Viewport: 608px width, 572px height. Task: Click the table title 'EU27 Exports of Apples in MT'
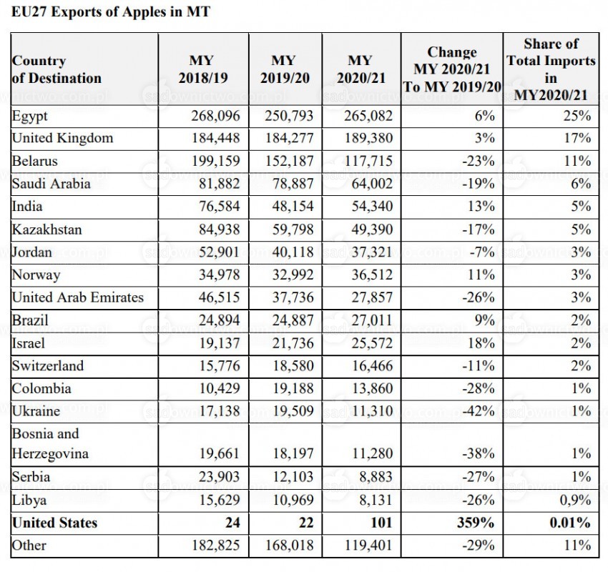pyautogui.click(x=110, y=11)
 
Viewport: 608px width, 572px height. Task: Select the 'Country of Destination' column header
pyautogui.click(x=57, y=69)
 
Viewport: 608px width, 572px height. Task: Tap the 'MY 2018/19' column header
pyautogui.click(x=203, y=69)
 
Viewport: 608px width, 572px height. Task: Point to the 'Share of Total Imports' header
pyautogui.click(x=551, y=69)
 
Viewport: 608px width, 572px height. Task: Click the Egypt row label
pyautogui.click(x=30, y=117)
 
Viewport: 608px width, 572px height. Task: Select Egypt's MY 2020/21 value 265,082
pyautogui.click(x=368, y=116)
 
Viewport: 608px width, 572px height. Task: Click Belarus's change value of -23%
pyautogui.click(x=479, y=161)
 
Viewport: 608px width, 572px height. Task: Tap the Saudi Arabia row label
pyautogui.click(x=52, y=184)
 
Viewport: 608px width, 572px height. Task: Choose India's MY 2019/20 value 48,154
pyautogui.click(x=293, y=206)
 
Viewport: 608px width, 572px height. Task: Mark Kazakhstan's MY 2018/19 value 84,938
pyautogui.click(x=220, y=230)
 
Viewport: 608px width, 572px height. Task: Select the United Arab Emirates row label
pyautogui.click(x=77, y=297)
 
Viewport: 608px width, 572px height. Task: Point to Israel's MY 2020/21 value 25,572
pyautogui.click(x=372, y=343)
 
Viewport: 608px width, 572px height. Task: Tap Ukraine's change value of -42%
pyautogui.click(x=479, y=411)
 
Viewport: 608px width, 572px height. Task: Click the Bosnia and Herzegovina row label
pyautogui.click(x=50, y=444)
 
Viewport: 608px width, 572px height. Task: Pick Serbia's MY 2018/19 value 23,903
pyautogui.click(x=220, y=477)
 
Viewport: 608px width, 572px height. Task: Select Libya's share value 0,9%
pyautogui.click(x=575, y=500)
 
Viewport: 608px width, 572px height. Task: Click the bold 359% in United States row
pyautogui.click(x=476, y=523)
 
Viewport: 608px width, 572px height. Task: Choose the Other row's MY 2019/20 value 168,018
pyautogui.click(x=289, y=546)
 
